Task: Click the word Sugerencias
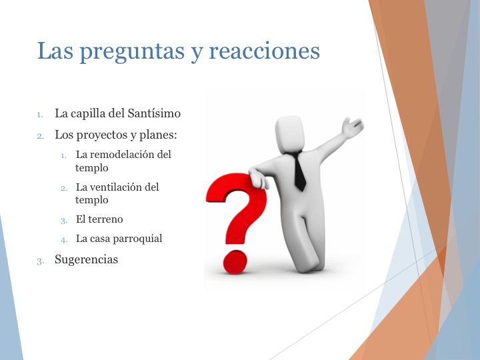(86, 260)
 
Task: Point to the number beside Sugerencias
(40, 261)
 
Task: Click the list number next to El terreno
(64, 220)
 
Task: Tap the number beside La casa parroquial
(64, 239)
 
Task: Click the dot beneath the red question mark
(234, 261)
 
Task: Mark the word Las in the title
(54, 51)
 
